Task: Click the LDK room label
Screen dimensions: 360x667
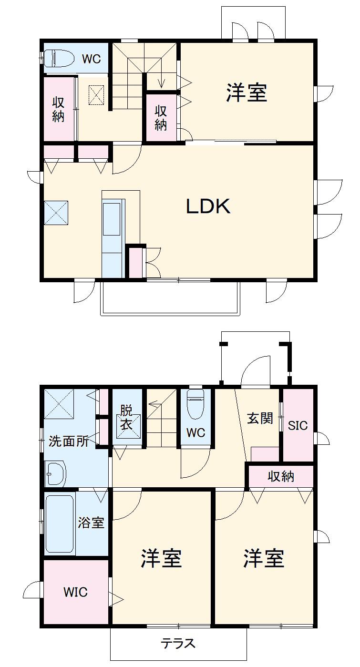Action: click(x=208, y=206)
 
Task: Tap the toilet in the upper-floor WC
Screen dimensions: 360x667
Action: click(x=59, y=58)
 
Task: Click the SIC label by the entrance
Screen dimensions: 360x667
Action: click(x=298, y=425)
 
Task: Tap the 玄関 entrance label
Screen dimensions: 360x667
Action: click(x=260, y=418)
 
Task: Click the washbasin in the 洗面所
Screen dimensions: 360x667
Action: click(x=55, y=473)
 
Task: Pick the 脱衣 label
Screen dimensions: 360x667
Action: click(x=126, y=418)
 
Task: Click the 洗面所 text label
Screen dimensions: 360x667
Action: click(x=69, y=441)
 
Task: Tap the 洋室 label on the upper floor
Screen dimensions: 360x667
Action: click(x=246, y=92)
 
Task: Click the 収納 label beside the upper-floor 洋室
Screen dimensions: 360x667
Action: click(x=161, y=118)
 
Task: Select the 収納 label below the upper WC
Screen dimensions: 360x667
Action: click(x=58, y=110)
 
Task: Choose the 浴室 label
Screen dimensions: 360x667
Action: click(x=91, y=523)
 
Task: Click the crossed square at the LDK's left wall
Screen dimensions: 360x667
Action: click(x=56, y=213)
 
